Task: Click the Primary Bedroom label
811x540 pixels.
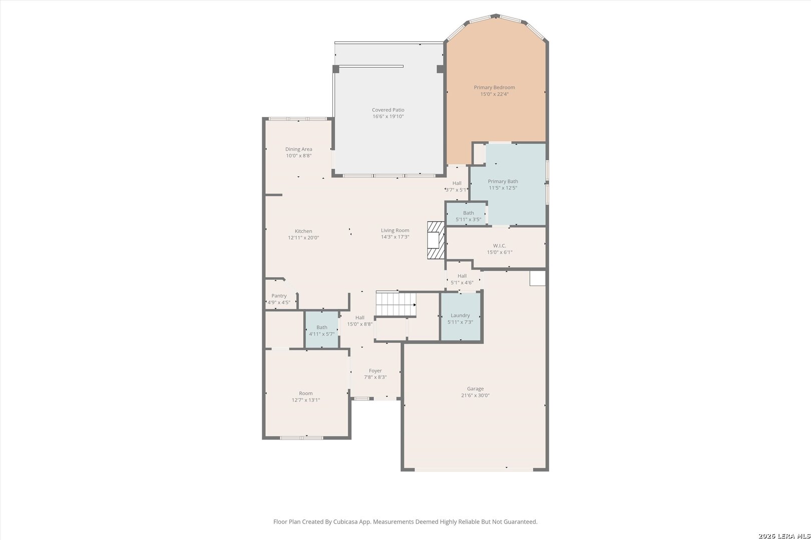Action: tap(494, 87)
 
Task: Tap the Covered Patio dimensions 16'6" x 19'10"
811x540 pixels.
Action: tap(388, 116)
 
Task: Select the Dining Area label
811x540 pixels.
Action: tap(299, 149)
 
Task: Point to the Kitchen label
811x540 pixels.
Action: tap(303, 231)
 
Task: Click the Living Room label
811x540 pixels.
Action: tap(395, 230)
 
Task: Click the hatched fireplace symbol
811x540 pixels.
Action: tap(436, 240)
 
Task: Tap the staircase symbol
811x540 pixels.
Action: tap(395, 304)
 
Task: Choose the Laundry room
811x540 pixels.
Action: tap(461, 317)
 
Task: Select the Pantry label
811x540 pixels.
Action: tap(279, 296)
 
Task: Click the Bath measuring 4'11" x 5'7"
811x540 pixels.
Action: tap(322, 330)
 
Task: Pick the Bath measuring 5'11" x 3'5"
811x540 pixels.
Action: tap(467, 214)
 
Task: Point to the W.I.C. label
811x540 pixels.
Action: tap(500, 246)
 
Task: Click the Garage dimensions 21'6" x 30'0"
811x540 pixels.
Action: tap(476, 395)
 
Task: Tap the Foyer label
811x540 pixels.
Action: tap(375, 370)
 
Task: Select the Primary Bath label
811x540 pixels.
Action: tap(503, 181)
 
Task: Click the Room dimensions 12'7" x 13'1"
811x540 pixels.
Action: tap(306, 400)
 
